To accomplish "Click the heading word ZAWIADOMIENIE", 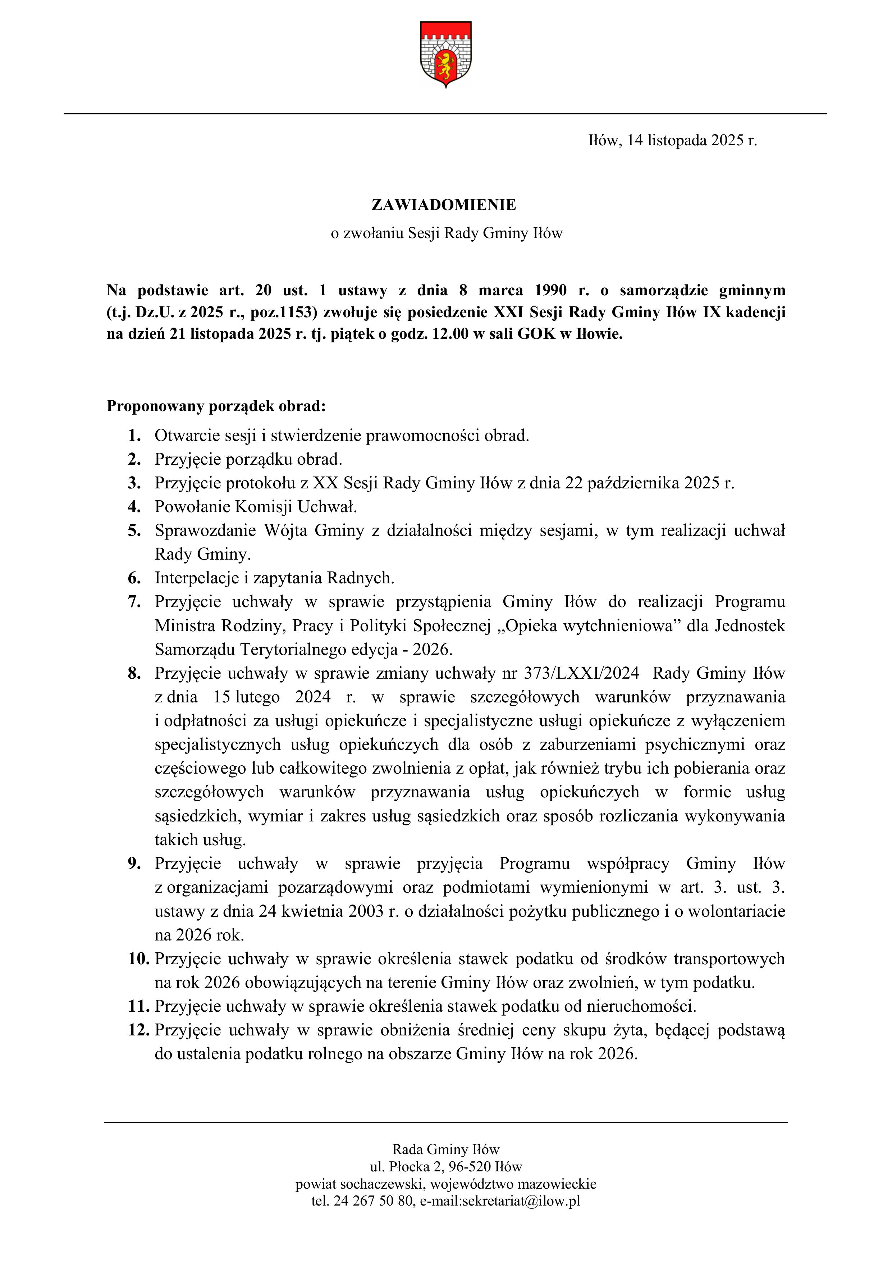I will point(444,205).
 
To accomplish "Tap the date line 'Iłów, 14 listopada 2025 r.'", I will point(672,141).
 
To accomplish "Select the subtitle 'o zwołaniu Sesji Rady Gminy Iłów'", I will point(446,234).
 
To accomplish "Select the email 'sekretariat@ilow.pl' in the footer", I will point(522,1201).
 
